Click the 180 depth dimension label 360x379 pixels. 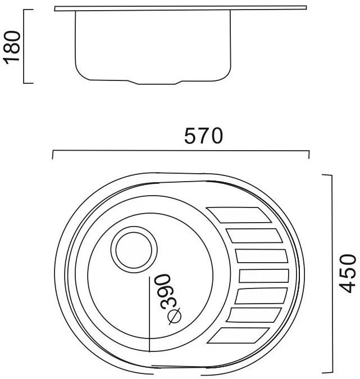coord(12,48)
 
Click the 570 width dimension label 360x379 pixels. coord(203,136)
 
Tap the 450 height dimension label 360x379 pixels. coord(348,273)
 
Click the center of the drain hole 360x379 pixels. coord(134,250)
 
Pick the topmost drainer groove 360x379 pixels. coord(239,215)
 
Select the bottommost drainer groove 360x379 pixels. coord(238,335)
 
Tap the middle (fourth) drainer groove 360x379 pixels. coord(264,276)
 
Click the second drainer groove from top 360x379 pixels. coord(254,236)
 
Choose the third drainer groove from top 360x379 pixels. coord(261,256)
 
